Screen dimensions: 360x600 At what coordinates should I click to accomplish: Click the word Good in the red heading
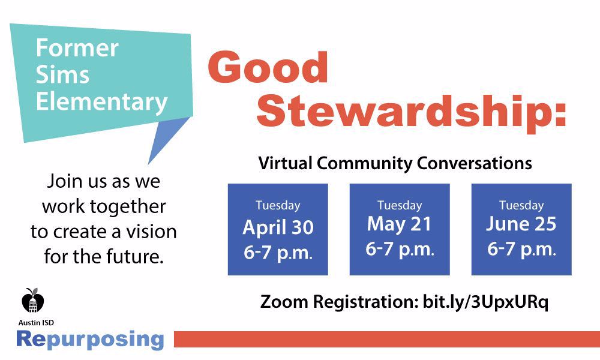click(268, 67)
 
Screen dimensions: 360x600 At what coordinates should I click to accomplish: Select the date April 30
click(278, 227)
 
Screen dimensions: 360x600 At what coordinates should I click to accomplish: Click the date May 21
click(400, 224)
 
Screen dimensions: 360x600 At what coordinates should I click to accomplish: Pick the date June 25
click(521, 224)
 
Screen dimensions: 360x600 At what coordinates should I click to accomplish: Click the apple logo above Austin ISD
click(33, 300)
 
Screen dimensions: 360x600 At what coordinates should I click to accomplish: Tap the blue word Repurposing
click(90, 339)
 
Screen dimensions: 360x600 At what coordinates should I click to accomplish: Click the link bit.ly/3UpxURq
click(485, 302)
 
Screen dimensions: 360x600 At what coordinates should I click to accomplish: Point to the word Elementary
click(101, 101)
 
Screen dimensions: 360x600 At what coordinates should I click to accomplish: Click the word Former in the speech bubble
click(77, 48)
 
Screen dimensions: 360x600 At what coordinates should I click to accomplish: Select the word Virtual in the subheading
click(285, 163)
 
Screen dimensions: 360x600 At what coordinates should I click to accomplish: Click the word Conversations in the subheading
click(474, 163)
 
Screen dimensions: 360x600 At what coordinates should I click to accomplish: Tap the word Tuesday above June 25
click(521, 205)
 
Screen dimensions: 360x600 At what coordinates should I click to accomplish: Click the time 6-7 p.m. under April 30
click(278, 252)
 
